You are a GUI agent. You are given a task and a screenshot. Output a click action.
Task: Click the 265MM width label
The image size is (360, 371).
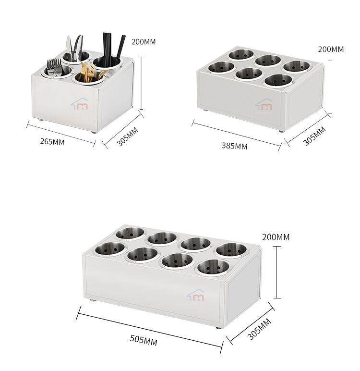52,141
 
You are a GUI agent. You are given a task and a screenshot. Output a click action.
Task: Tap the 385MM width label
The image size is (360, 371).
234,146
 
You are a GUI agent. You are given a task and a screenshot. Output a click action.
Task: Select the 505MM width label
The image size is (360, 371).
144,340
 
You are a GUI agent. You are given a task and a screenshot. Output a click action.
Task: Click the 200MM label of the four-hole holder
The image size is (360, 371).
144,42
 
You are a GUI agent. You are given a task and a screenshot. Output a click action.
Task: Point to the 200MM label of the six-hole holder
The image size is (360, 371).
331,49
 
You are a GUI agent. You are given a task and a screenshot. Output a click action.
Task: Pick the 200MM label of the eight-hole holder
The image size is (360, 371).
276,237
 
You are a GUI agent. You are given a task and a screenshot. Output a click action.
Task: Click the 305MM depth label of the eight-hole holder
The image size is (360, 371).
259,329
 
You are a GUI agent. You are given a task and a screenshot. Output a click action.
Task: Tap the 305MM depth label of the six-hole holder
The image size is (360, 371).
314,136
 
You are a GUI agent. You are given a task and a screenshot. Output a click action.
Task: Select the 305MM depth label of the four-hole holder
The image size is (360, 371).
127,136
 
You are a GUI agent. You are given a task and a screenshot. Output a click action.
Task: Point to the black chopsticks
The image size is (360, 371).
112,49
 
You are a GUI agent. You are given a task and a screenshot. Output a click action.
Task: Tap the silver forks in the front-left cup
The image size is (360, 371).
54,67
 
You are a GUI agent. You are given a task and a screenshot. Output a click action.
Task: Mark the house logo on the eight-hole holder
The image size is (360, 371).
195,295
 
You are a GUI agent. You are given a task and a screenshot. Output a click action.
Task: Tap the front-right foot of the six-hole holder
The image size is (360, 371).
281,131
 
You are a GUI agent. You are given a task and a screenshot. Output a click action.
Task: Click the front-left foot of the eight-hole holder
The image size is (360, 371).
92,300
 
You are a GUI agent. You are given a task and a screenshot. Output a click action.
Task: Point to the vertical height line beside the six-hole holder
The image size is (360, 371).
330,87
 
